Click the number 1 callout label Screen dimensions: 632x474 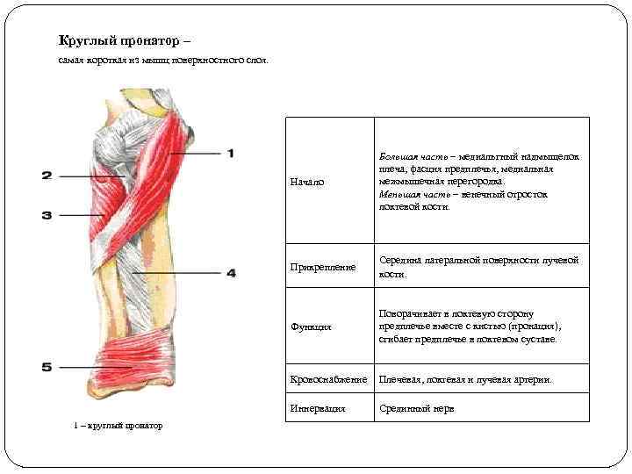tap(231, 154)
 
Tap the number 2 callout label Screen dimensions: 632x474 tap(47, 176)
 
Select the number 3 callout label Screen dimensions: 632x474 tap(47, 214)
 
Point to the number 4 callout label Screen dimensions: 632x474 tap(231, 273)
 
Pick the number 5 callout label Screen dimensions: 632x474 tap(47, 367)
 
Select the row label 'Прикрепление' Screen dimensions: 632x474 tap(324, 266)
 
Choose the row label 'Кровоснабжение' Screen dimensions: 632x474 tap(328, 379)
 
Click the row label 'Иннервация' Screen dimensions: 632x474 tap(319, 408)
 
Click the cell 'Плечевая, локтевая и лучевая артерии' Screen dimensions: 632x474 tap(466, 379)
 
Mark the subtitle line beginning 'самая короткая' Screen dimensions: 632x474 tap(163, 61)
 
